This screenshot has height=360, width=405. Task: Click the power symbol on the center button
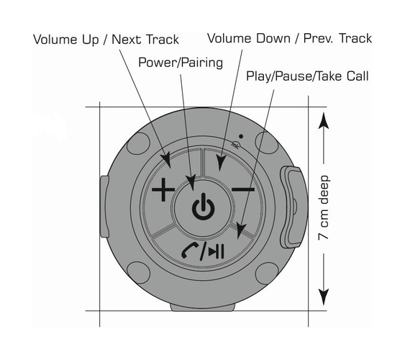point(204,207)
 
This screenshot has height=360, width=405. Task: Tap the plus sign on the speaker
point(163,189)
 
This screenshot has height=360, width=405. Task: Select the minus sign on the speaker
point(243,189)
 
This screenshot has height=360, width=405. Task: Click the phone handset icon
point(190,250)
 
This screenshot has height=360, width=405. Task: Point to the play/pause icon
point(217,251)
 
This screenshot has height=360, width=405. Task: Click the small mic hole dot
point(241,136)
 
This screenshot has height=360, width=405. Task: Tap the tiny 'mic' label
point(235,145)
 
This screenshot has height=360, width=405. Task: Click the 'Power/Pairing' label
point(181,63)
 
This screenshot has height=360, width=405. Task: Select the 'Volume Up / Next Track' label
point(106,40)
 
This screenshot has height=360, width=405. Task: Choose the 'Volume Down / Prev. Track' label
point(290,38)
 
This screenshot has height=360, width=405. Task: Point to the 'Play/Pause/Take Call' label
point(307,76)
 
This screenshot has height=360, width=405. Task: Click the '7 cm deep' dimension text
point(324,208)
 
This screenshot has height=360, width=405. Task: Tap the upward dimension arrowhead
point(324,120)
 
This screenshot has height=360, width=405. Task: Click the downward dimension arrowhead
point(324,297)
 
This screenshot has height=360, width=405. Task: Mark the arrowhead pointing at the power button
point(191,183)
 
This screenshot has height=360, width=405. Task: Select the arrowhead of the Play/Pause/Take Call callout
point(241,231)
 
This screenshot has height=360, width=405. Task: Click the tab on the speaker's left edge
point(104,207)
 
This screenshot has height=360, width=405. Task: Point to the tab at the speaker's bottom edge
point(203,307)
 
